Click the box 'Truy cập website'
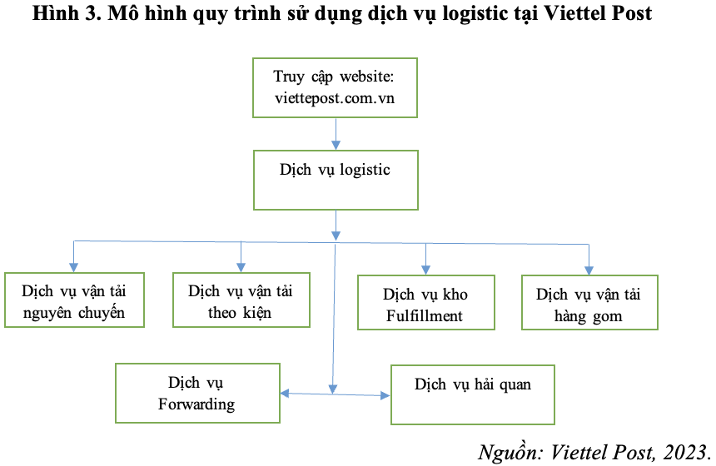tap(335, 87)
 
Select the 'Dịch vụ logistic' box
tap(336, 180)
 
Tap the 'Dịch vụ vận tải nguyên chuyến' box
tap(74, 300)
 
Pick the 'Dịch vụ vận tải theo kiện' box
tap(241, 300)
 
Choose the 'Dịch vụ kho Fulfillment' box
tap(426, 302)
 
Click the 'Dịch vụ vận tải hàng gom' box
tap(589, 302)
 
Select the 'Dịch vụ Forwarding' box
tap(197, 393)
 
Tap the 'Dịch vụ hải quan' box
tap(473, 394)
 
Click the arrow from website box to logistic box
tap(336, 134)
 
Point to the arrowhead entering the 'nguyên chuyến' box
tap(73, 267)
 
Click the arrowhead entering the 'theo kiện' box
tap(241, 267)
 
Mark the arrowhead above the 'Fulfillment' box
tap(425, 270)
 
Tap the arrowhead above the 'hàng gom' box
tap(589, 270)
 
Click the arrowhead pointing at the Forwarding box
tap(285, 393)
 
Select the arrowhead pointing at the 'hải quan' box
tap(385, 395)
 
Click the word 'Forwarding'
tap(196, 404)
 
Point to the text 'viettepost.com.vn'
tap(335, 98)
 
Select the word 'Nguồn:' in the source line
tap(511, 453)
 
